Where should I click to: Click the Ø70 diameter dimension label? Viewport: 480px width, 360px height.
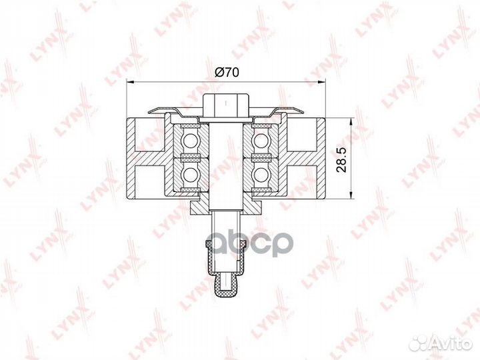click(227, 73)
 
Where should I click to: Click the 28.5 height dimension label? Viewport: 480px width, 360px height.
click(341, 159)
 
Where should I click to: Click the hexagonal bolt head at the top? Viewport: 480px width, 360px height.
click(225, 105)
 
